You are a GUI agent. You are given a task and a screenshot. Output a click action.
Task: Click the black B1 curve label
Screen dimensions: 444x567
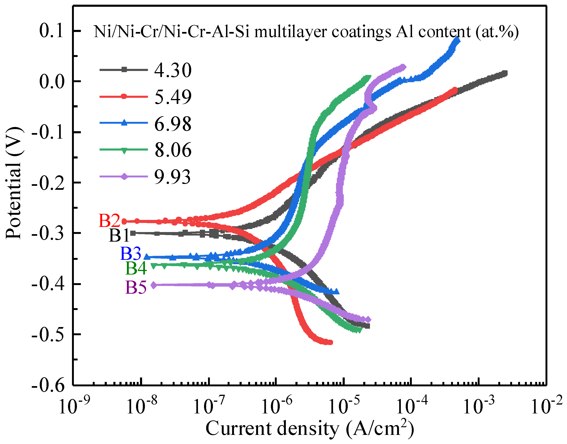click(x=119, y=235)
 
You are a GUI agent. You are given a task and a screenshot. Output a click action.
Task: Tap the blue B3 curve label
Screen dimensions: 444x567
click(x=131, y=254)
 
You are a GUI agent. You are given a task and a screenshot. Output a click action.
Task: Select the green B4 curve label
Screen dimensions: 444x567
click(x=136, y=268)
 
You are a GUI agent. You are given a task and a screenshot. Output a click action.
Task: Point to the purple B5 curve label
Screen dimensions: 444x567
click(x=136, y=287)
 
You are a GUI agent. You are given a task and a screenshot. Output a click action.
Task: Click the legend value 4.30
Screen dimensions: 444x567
click(x=173, y=70)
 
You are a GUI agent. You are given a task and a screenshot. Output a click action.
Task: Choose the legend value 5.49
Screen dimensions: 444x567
click(x=173, y=97)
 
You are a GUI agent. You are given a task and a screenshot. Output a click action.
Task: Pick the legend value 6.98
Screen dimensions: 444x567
click(x=173, y=124)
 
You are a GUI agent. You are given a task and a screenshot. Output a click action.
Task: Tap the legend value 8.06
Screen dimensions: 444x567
click(x=173, y=150)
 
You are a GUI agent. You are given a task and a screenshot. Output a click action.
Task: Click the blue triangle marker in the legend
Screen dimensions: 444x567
click(x=124, y=122)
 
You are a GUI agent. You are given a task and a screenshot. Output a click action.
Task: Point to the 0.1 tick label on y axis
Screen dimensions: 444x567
click(x=51, y=31)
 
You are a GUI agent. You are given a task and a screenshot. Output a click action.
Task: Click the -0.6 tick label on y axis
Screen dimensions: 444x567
click(x=48, y=385)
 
